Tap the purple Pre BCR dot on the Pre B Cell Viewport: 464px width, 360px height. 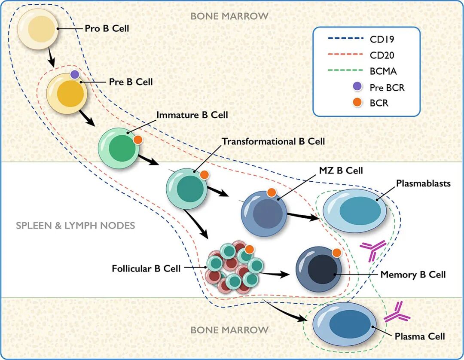pos(75,74)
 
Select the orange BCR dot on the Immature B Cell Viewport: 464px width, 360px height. pos(137,140)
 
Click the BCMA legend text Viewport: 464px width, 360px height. pos(383,71)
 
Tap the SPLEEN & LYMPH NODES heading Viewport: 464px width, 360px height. pos(75,226)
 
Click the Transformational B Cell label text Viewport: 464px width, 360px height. pos(273,141)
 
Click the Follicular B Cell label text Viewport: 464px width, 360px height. pos(146,269)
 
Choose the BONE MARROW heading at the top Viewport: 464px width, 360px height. pos(229,16)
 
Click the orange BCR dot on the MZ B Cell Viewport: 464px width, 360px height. pos(272,193)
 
